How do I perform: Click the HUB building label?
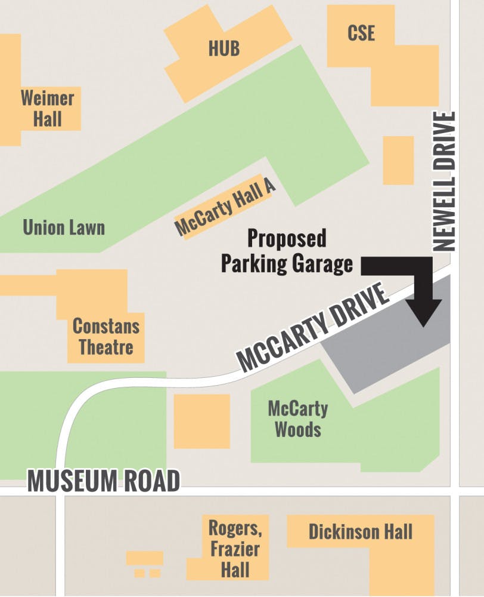[224, 48]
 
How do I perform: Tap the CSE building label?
[361, 33]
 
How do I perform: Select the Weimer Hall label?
[47, 108]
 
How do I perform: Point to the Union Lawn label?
[63, 227]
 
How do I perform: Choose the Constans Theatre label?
[106, 337]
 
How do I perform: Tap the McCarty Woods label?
[297, 419]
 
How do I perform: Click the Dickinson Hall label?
[360, 532]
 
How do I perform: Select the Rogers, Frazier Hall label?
[235, 548]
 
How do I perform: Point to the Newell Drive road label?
[445, 181]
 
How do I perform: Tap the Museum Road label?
[104, 482]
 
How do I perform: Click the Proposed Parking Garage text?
[287, 251]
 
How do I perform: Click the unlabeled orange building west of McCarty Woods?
[201, 421]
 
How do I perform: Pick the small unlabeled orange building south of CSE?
[398, 160]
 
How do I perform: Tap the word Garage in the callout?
[320, 263]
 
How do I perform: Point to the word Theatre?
[106, 347]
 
